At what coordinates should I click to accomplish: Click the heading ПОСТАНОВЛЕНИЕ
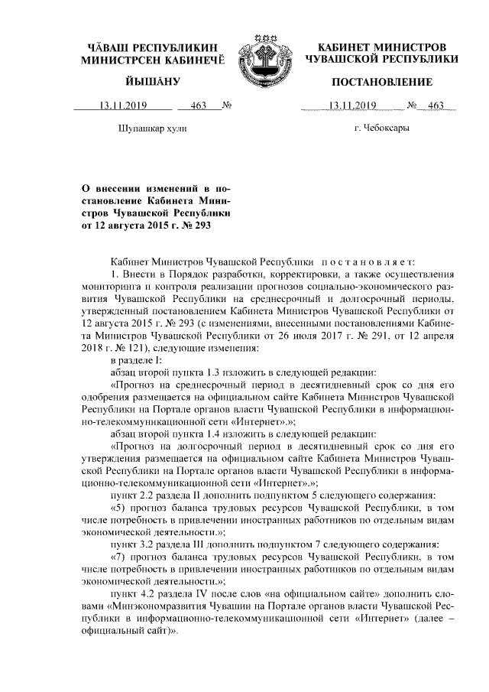click(x=381, y=82)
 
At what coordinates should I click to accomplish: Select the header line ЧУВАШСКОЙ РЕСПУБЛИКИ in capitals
click(x=381, y=58)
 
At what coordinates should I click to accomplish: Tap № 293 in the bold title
click(x=193, y=225)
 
